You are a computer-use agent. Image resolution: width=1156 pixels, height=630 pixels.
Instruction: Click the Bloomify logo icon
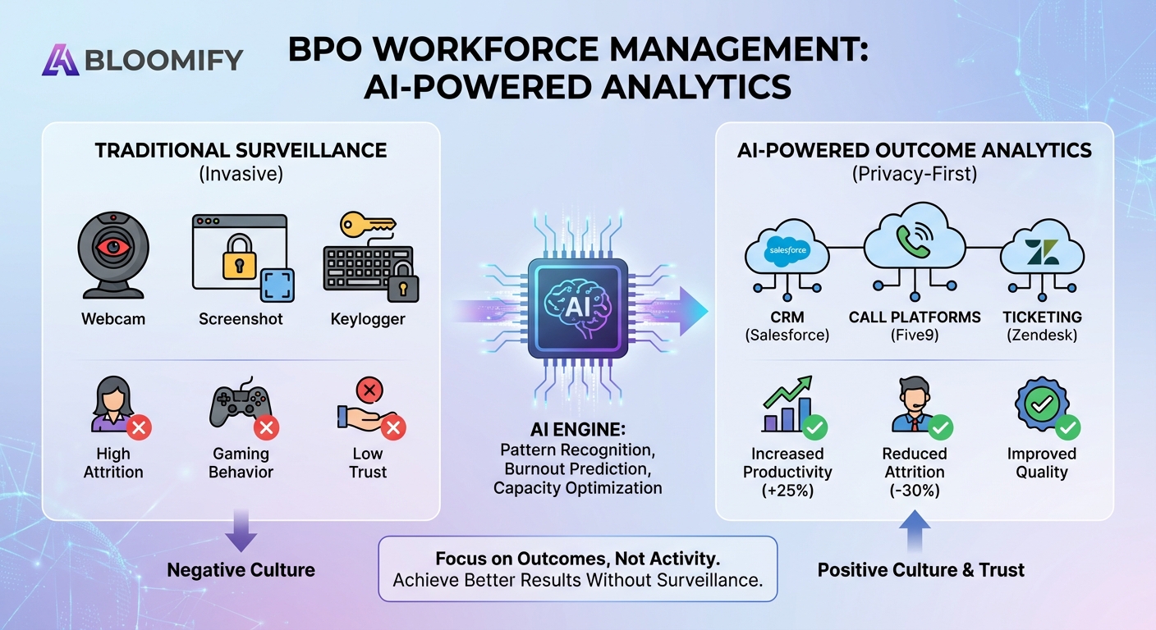[x=61, y=60]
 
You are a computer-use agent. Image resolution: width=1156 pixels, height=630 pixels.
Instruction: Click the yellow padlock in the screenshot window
[x=239, y=257]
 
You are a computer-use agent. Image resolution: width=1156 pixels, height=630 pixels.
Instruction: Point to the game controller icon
[x=241, y=403]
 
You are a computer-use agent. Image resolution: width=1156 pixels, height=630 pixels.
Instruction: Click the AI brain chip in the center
[x=577, y=308]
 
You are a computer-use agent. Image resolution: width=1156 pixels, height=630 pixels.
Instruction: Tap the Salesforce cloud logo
[x=787, y=250]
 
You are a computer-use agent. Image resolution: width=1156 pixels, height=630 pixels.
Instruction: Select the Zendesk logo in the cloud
[x=1042, y=252]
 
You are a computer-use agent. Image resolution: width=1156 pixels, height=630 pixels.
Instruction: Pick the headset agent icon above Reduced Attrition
[x=914, y=404]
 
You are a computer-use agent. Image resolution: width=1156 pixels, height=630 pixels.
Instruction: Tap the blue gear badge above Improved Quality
[x=1041, y=404]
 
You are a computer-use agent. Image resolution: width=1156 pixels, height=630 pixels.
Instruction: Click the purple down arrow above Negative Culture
[x=241, y=531]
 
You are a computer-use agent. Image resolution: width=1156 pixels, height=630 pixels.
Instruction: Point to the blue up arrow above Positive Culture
[x=915, y=531]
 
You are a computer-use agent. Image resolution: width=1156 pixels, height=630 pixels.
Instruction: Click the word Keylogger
[x=368, y=319]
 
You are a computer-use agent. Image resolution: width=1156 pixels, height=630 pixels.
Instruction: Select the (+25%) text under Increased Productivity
[x=787, y=491]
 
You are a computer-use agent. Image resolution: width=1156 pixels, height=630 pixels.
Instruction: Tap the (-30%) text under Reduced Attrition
[x=914, y=491]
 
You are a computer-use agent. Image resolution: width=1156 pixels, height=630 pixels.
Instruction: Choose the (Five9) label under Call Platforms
[x=914, y=336]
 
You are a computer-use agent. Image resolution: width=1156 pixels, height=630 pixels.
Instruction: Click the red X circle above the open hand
[x=369, y=390]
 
